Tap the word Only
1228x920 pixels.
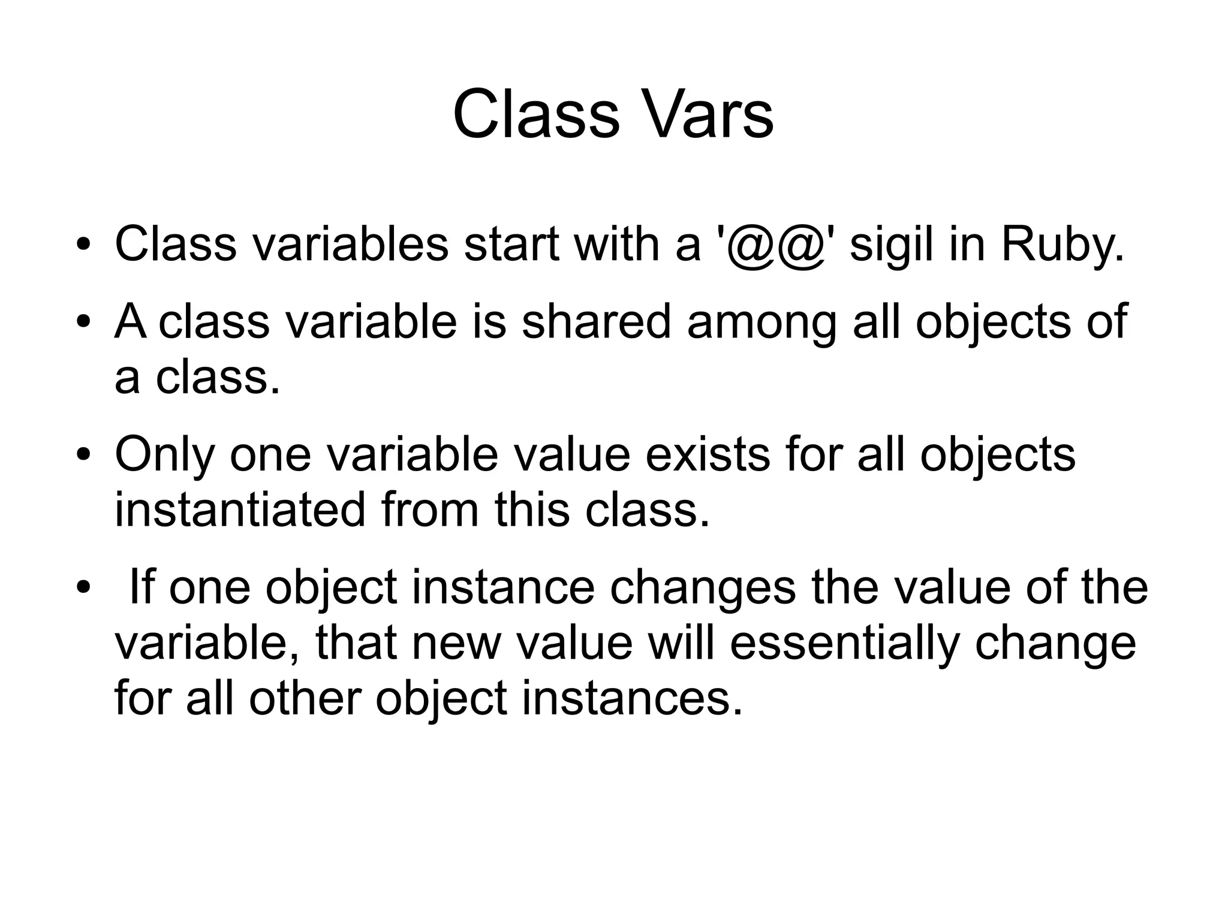164,456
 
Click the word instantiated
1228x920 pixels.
240,510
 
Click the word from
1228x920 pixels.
429,510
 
